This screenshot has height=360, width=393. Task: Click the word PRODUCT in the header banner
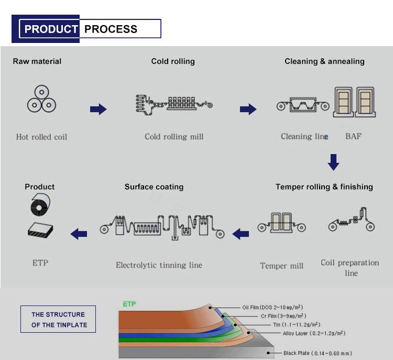click(x=51, y=29)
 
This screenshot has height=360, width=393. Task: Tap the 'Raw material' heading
click(x=37, y=61)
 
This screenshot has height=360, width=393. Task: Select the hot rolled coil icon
click(x=41, y=100)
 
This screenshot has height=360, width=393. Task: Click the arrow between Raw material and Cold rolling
click(x=98, y=110)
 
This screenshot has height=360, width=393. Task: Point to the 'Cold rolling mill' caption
click(x=174, y=137)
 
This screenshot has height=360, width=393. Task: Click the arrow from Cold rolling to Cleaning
click(x=248, y=110)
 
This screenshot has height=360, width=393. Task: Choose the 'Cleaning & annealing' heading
click(x=324, y=61)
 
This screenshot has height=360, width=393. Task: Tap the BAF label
click(x=353, y=137)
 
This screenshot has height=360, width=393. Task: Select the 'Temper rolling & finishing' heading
click(x=324, y=187)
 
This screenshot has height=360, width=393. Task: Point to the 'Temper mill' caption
click(x=281, y=266)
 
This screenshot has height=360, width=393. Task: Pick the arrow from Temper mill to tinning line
click(x=241, y=234)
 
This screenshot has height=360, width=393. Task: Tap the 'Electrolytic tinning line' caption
click(x=159, y=265)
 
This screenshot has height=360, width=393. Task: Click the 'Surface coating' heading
click(x=154, y=187)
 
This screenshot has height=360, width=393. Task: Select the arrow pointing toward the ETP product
click(x=79, y=234)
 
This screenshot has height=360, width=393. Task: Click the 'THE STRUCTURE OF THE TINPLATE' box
click(x=58, y=319)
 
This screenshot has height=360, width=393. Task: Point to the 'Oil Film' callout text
click(x=272, y=307)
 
